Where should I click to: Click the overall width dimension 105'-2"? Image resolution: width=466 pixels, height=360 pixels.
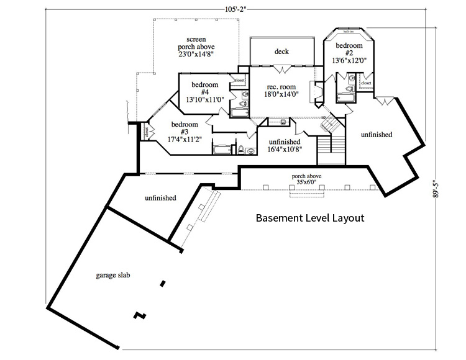pos(234,8)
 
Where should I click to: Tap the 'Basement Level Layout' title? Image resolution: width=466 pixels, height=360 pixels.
pos(309,218)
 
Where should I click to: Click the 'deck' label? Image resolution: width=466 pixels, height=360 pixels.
pos(281,52)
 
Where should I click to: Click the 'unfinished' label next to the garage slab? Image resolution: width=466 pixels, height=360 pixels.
pos(160,198)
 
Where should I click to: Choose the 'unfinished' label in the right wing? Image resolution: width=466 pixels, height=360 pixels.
pos(377,135)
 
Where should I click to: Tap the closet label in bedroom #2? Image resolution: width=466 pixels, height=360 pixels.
pos(366,83)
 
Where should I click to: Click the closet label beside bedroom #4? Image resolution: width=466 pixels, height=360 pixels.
pos(239,80)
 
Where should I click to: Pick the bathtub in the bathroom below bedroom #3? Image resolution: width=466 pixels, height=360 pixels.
pos(221,149)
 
